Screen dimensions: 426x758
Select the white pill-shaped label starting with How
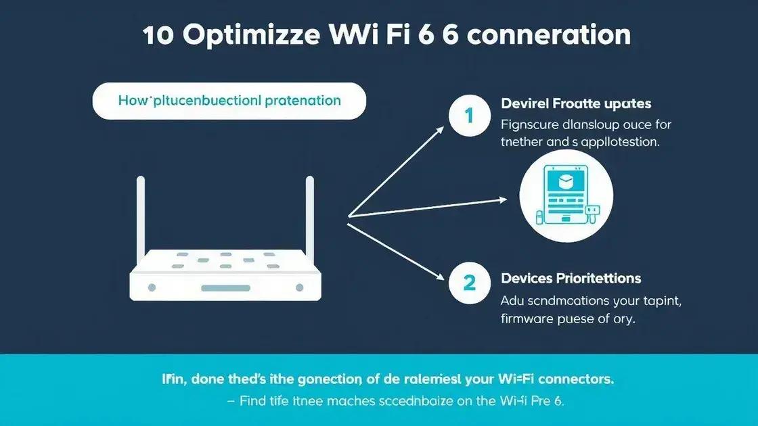coord(229,101)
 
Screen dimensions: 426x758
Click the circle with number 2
coord(468,283)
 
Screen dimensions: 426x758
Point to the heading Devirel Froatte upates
coord(576,104)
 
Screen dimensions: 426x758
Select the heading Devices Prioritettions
coord(571,278)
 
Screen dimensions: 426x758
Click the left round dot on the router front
coord(152,287)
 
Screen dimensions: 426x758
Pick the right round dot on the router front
coord(298,287)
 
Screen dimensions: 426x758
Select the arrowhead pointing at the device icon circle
coord(502,199)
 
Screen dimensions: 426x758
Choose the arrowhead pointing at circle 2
coord(441,275)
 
